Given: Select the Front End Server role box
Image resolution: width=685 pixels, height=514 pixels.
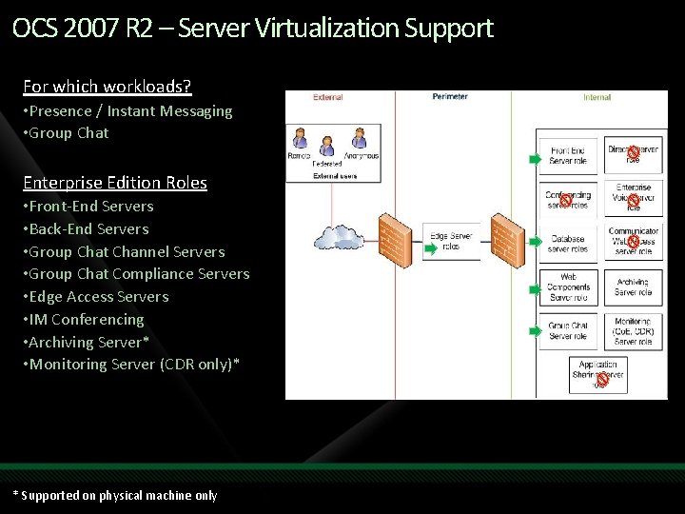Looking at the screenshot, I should pyautogui.click(x=568, y=155).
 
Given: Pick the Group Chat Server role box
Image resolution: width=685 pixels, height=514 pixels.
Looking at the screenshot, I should pyautogui.click(x=568, y=331).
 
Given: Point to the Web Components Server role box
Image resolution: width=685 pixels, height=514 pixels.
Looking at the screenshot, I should pyautogui.click(x=568, y=287).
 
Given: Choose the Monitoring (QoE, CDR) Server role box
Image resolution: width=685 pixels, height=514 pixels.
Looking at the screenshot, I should pyautogui.click(x=633, y=331).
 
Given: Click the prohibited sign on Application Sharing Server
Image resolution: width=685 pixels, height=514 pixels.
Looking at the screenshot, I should pyautogui.click(x=602, y=379).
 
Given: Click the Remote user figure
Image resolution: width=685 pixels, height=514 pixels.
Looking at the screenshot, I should pyautogui.click(x=300, y=146).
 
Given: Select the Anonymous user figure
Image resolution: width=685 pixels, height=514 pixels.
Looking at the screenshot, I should pyautogui.click(x=359, y=145).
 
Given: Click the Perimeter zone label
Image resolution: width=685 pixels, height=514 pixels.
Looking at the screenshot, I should pyautogui.click(x=450, y=97).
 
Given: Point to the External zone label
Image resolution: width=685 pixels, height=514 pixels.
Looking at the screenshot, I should pyautogui.click(x=327, y=97).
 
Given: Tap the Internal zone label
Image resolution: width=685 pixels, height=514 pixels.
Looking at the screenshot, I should pyautogui.click(x=597, y=97).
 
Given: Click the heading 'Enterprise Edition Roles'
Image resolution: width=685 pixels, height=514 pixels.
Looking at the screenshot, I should pyautogui.click(x=115, y=183).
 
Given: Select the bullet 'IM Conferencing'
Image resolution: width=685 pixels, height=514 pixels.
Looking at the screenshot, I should pyautogui.click(x=87, y=320).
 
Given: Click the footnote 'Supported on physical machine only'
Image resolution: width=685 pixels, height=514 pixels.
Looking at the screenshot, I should pyautogui.click(x=118, y=495).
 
